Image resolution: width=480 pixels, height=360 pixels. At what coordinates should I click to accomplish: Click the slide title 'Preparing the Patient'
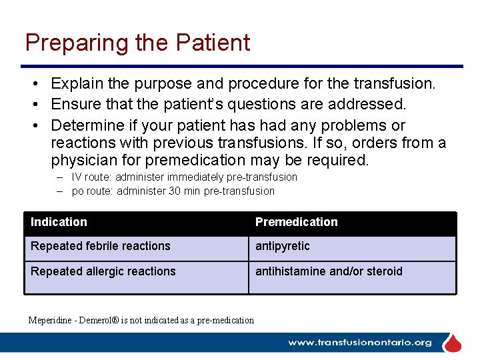(x=137, y=43)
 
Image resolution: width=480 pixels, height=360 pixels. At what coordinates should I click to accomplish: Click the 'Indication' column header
(x=59, y=222)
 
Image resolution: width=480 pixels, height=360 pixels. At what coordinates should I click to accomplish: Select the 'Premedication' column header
(x=296, y=222)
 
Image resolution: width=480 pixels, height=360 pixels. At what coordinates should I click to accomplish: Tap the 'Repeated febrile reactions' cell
(x=100, y=246)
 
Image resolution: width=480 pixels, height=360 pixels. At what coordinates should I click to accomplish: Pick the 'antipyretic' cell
(x=282, y=246)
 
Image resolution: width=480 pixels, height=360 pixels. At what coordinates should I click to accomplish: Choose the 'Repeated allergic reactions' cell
(x=103, y=271)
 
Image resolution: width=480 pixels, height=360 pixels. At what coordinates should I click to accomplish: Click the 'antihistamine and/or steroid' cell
(x=329, y=271)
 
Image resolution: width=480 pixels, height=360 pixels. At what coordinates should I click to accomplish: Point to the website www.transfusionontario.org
(x=359, y=343)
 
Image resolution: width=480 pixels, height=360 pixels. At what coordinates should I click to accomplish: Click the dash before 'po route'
(x=59, y=191)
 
